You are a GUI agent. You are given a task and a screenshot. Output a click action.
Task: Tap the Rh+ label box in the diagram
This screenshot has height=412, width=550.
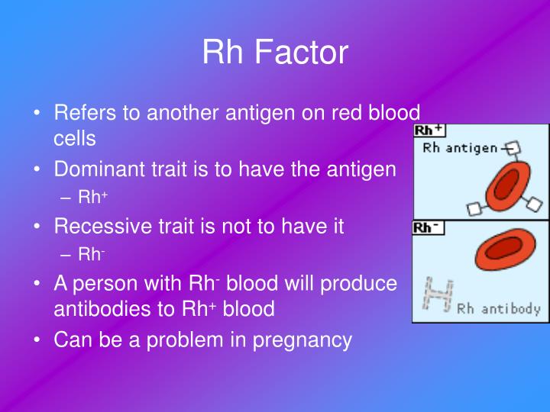pyautogui.click(x=429, y=130)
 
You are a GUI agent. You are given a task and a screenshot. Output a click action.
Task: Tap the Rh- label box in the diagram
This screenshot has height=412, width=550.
pyautogui.click(x=427, y=228)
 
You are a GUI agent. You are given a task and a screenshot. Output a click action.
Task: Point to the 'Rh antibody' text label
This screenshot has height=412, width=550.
pyautogui.click(x=499, y=309)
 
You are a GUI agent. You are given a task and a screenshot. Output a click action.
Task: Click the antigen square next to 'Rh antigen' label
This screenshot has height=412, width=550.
pyautogui.click(x=513, y=147)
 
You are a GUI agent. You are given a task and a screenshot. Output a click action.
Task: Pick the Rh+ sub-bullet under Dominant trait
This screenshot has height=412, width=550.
pyautogui.click(x=93, y=198)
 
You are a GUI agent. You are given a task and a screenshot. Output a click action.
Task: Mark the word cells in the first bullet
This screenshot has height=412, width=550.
pyautogui.click(x=74, y=139)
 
